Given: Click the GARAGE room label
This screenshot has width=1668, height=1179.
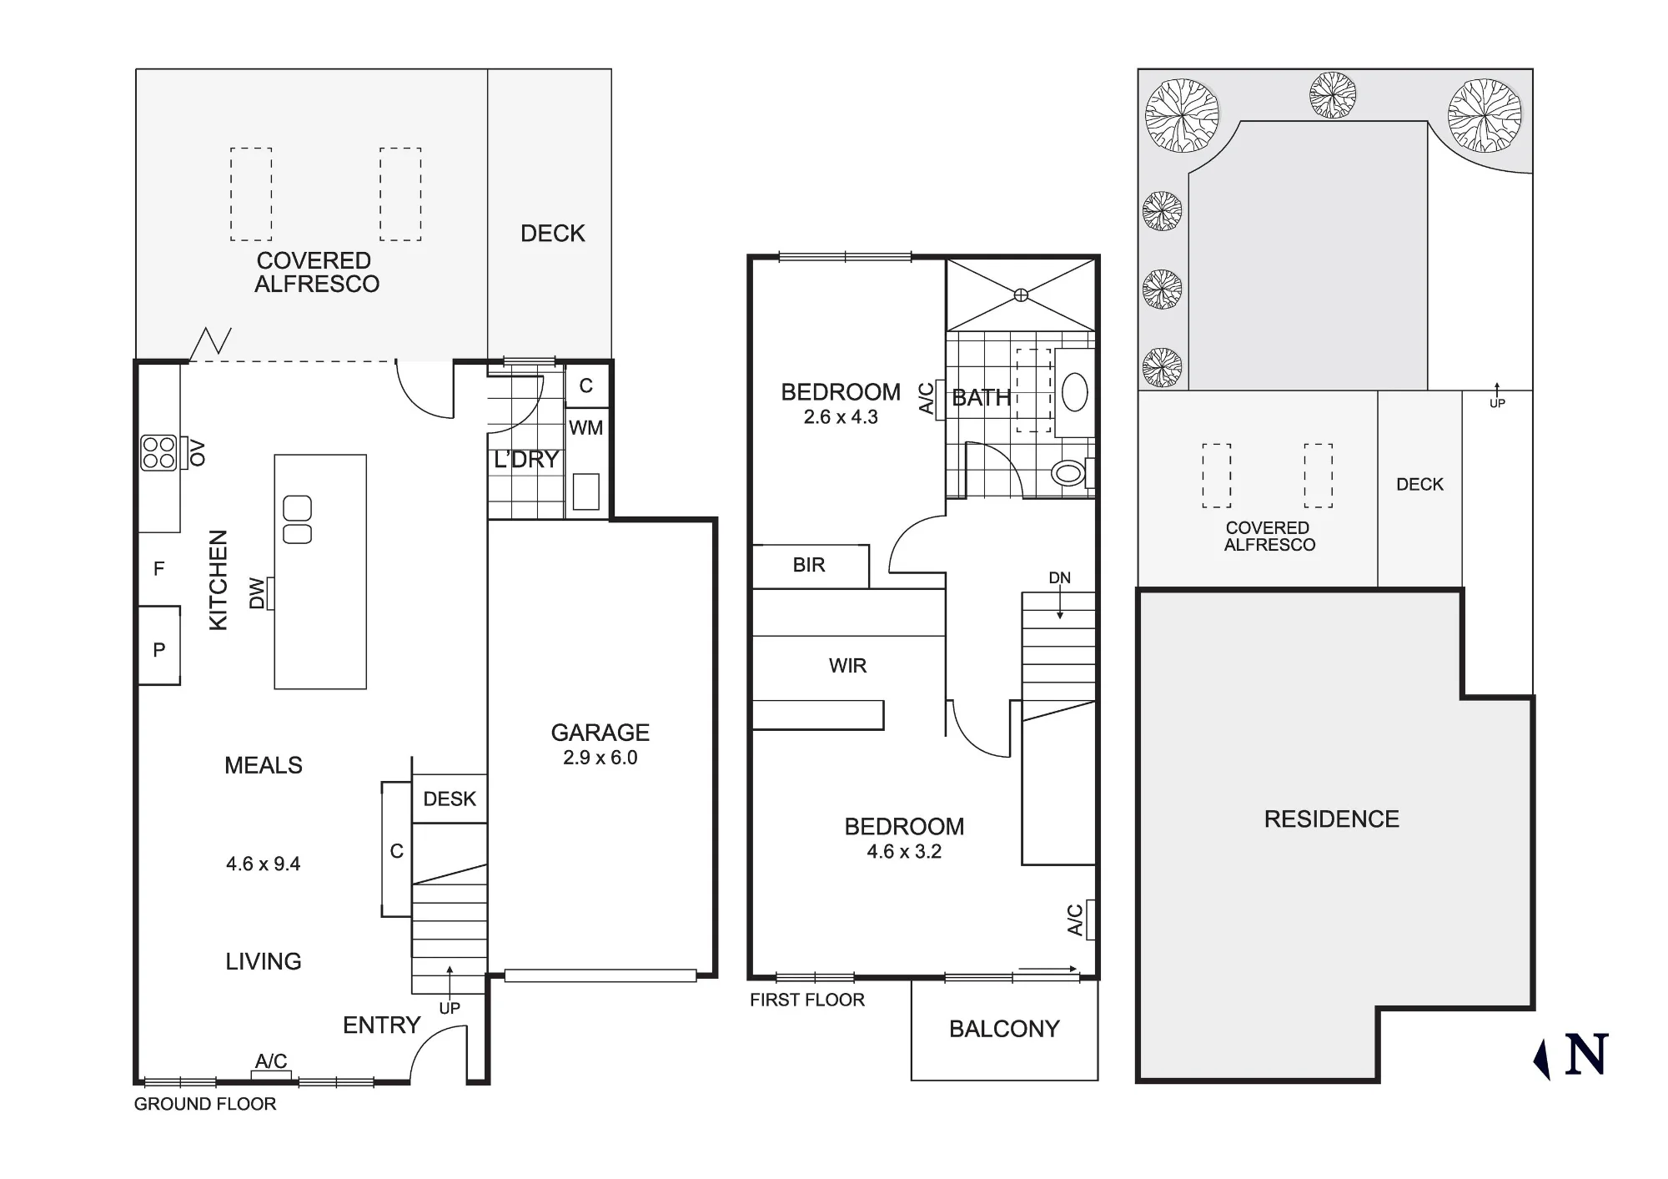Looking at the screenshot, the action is [600, 733].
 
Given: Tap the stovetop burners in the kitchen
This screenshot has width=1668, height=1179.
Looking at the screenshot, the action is [158, 453].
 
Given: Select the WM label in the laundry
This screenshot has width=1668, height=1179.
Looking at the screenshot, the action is [585, 428].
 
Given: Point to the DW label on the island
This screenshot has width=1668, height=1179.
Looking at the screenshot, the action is [257, 593].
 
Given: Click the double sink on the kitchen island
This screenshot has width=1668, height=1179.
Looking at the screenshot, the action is [298, 520].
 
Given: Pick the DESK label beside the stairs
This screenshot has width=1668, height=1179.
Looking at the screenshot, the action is [450, 799].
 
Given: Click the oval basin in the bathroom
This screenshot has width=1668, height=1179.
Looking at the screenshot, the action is [1075, 392].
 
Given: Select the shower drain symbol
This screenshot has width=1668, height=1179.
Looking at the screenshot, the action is [1021, 295].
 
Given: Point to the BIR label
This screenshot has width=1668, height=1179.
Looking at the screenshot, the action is [809, 565].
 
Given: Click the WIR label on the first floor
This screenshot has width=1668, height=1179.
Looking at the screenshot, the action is [847, 666].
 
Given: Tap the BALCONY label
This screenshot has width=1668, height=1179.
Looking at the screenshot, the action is [1004, 1029].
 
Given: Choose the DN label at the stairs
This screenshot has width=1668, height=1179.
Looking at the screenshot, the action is [1059, 578].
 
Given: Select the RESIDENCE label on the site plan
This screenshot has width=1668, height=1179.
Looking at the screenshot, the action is [1332, 819].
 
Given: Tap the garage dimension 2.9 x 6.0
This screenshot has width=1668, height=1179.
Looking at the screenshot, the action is [600, 758].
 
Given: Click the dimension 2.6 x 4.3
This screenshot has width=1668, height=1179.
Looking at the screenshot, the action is [841, 417].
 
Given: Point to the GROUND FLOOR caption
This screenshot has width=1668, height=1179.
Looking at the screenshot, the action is [205, 1104].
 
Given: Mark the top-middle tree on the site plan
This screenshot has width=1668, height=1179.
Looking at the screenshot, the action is [1332, 95].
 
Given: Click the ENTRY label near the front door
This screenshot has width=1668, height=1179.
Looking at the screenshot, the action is [382, 1025].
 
